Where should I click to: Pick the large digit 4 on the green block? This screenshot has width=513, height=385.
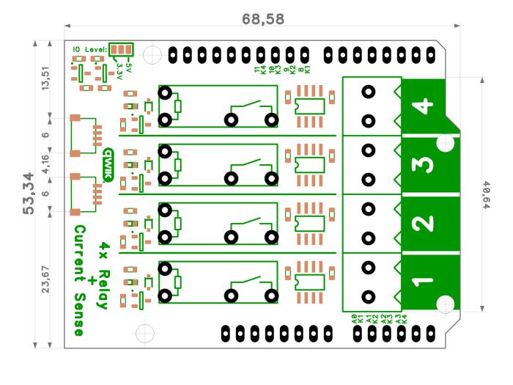pos(424,107)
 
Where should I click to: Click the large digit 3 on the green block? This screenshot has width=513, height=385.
pos(424,164)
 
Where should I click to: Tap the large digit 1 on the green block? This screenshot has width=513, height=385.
pos(424,280)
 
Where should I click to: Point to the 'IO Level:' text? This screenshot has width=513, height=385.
pos(89,49)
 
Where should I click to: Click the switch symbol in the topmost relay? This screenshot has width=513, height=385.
pos(253,110)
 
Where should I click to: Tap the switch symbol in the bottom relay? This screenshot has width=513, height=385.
pos(253,286)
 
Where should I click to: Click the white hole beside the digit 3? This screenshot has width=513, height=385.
pos(446,142)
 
